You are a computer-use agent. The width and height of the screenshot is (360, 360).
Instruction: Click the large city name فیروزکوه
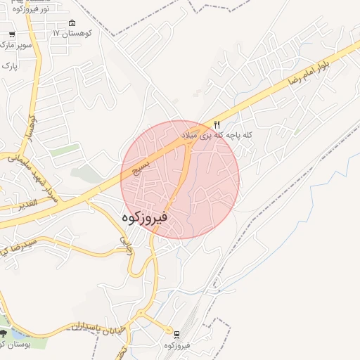tap(144, 218)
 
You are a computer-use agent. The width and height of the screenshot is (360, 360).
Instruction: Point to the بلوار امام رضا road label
tap(317, 70)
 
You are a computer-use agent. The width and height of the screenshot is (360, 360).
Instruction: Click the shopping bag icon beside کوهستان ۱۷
tap(72, 23)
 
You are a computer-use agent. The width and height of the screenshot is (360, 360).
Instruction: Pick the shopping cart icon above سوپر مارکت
tap(12, 34)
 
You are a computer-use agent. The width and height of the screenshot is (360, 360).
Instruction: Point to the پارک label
tap(9, 65)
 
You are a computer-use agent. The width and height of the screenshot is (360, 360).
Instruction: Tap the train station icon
tap(177, 334)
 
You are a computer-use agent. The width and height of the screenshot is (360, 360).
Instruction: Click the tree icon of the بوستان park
tap(4, 333)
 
